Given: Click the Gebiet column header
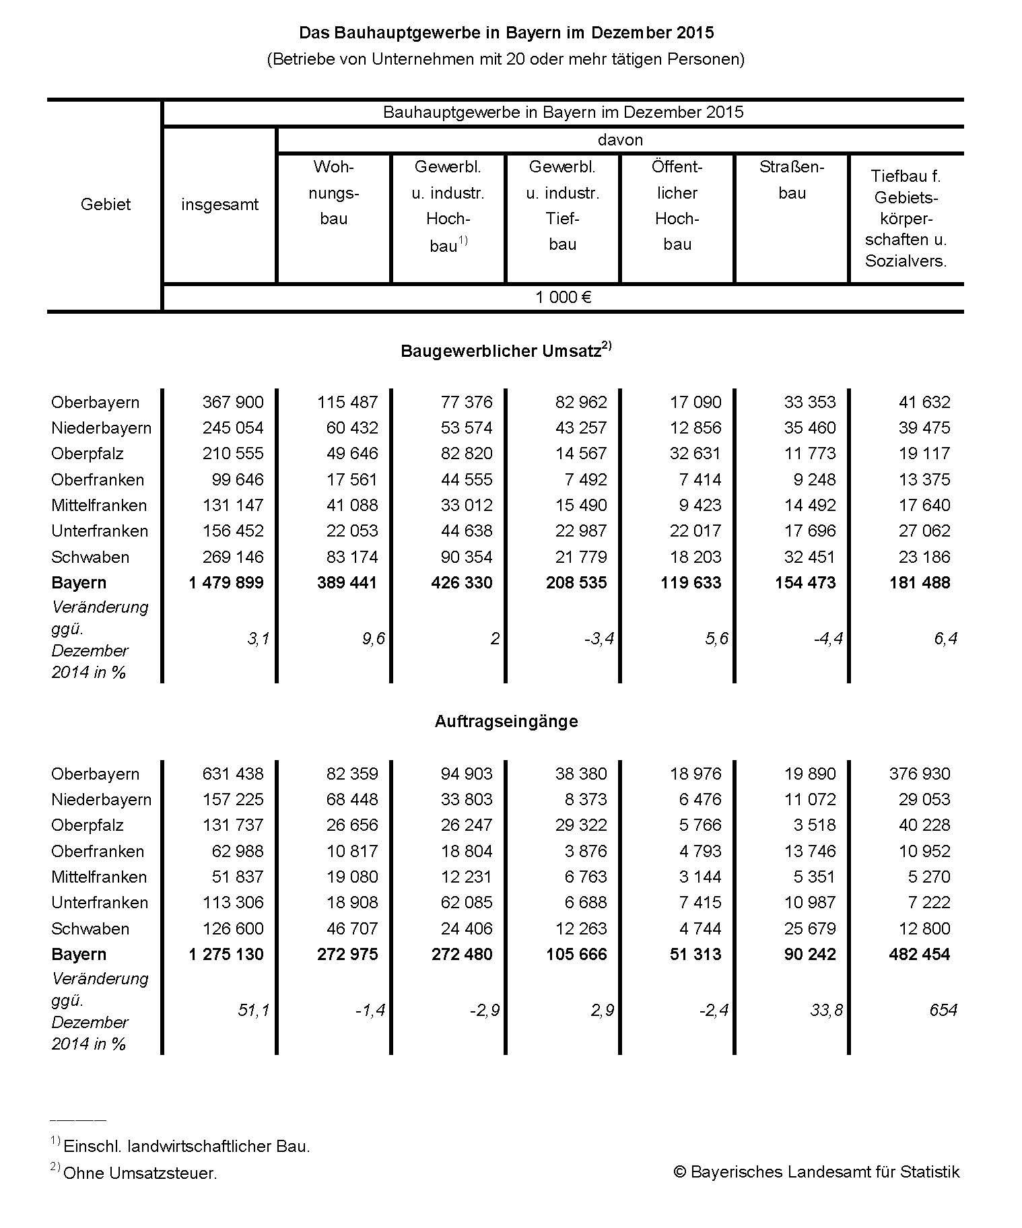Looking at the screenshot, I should click(105, 205).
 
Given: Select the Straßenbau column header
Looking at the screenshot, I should click(792, 180).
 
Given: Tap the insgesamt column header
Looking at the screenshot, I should click(219, 205).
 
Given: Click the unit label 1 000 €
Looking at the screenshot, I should click(563, 298).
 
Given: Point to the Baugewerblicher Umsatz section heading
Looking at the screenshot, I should click(505, 351).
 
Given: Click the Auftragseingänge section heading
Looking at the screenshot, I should click(506, 722).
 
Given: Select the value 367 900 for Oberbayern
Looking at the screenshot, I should click(233, 403).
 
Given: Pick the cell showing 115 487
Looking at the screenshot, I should click(347, 403).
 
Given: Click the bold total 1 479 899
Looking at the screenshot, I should click(226, 583).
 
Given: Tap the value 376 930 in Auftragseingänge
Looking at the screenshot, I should click(920, 774).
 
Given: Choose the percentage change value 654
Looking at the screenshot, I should click(943, 1010).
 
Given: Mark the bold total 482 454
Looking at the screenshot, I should click(920, 955).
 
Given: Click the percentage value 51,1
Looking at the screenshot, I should click(253, 1010).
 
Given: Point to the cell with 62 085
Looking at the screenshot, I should click(467, 903).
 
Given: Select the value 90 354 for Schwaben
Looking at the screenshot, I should click(467, 557).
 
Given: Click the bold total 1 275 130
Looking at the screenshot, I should click(226, 955).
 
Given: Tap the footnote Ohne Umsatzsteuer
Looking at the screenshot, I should click(140, 1173).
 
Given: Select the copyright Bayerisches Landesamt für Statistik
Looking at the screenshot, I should click(817, 1172).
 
